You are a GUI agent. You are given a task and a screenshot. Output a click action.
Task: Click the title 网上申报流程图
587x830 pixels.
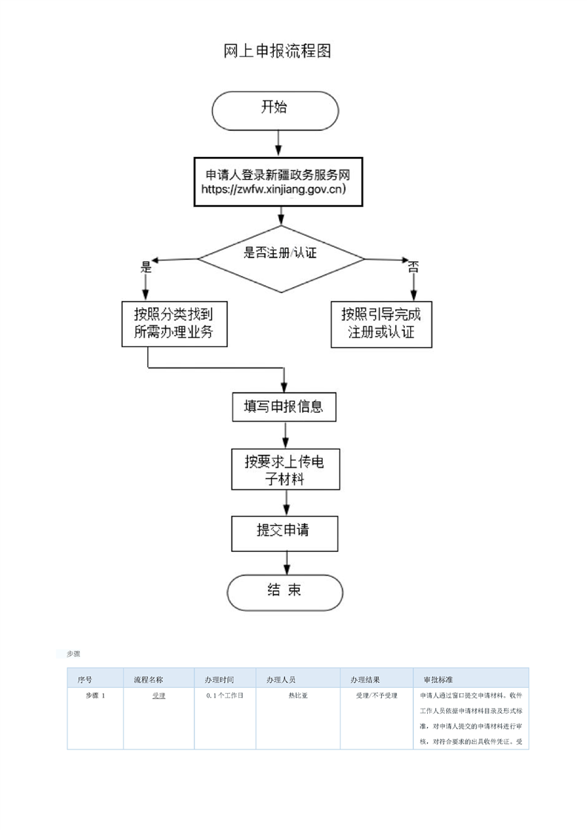pyautogui.click(x=278, y=51)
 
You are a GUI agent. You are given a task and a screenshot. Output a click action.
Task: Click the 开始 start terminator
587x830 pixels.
pyautogui.click(x=275, y=111)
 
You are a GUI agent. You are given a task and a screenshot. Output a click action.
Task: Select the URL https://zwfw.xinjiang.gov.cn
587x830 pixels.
pyautogui.click(x=273, y=189)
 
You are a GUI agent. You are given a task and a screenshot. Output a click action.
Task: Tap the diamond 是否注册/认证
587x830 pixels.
pyautogui.click(x=281, y=259)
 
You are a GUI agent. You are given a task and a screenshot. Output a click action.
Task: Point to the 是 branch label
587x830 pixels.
pyautogui.click(x=147, y=267)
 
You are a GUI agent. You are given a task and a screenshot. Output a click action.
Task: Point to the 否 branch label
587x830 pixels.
pyautogui.click(x=413, y=267)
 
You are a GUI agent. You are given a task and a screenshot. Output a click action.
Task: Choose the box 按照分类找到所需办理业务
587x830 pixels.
pyautogui.click(x=174, y=324)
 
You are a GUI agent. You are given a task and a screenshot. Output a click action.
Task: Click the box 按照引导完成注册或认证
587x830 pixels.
pyautogui.click(x=381, y=325)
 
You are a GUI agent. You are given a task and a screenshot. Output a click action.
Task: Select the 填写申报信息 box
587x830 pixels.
pyautogui.click(x=284, y=407)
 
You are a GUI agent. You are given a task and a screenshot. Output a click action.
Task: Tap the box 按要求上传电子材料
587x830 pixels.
pyautogui.click(x=286, y=470)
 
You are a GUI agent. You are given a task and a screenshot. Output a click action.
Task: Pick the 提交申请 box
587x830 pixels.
pyautogui.click(x=284, y=533)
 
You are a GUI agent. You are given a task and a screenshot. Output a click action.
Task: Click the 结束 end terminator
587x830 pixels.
pyautogui.click(x=285, y=593)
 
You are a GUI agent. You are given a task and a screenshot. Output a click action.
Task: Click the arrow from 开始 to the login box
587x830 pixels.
pyautogui.click(x=278, y=144)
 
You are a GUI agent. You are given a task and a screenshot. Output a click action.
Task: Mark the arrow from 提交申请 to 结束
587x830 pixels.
pyautogui.click(x=286, y=563)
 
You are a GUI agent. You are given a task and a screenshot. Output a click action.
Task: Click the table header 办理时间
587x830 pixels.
pyautogui.click(x=219, y=680)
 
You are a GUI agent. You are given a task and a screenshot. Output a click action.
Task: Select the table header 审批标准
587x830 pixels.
pyautogui.click(x=438, y=680)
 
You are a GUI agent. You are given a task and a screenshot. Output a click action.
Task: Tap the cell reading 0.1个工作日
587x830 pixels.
pyautogui.click(x=224, y=695)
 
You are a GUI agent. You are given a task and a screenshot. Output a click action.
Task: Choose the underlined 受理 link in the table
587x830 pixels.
pyautogui.click(x=159, y=695)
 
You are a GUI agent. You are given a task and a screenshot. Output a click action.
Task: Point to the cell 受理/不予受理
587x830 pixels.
pyautogui.click(x=377, y=695)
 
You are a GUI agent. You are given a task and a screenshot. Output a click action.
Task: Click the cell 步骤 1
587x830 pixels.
pyautogui.click(x=95, y=695)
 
